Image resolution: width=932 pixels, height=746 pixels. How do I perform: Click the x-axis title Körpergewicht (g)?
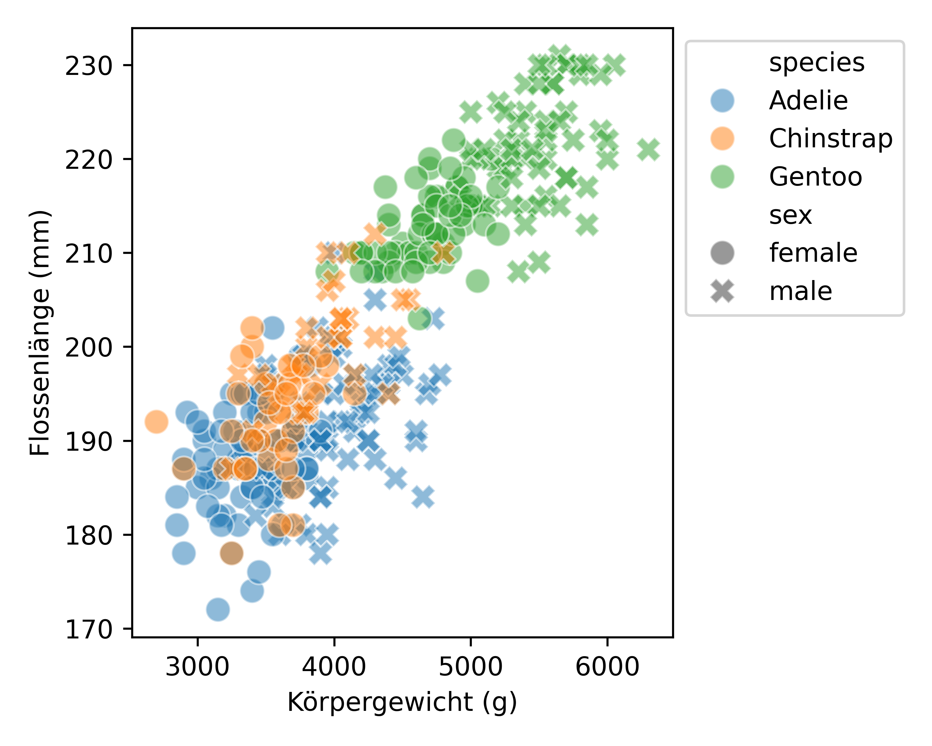tap(402, 702)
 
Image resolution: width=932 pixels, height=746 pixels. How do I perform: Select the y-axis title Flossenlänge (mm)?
tap(40, 333)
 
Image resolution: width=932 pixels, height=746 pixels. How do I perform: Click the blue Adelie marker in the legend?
tap(722, 100)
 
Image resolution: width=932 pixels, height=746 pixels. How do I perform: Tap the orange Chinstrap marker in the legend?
tap(722, 138)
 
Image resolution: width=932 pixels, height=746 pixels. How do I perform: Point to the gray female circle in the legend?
tap(722, 253)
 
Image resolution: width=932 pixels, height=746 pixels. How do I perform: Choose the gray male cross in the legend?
tap(722, 291)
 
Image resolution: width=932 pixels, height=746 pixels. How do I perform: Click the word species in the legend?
tap(816, 63)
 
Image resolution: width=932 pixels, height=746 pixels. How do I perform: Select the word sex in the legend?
tap(790, 215)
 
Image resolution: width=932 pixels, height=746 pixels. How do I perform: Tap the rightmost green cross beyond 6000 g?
tap(648, 150)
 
